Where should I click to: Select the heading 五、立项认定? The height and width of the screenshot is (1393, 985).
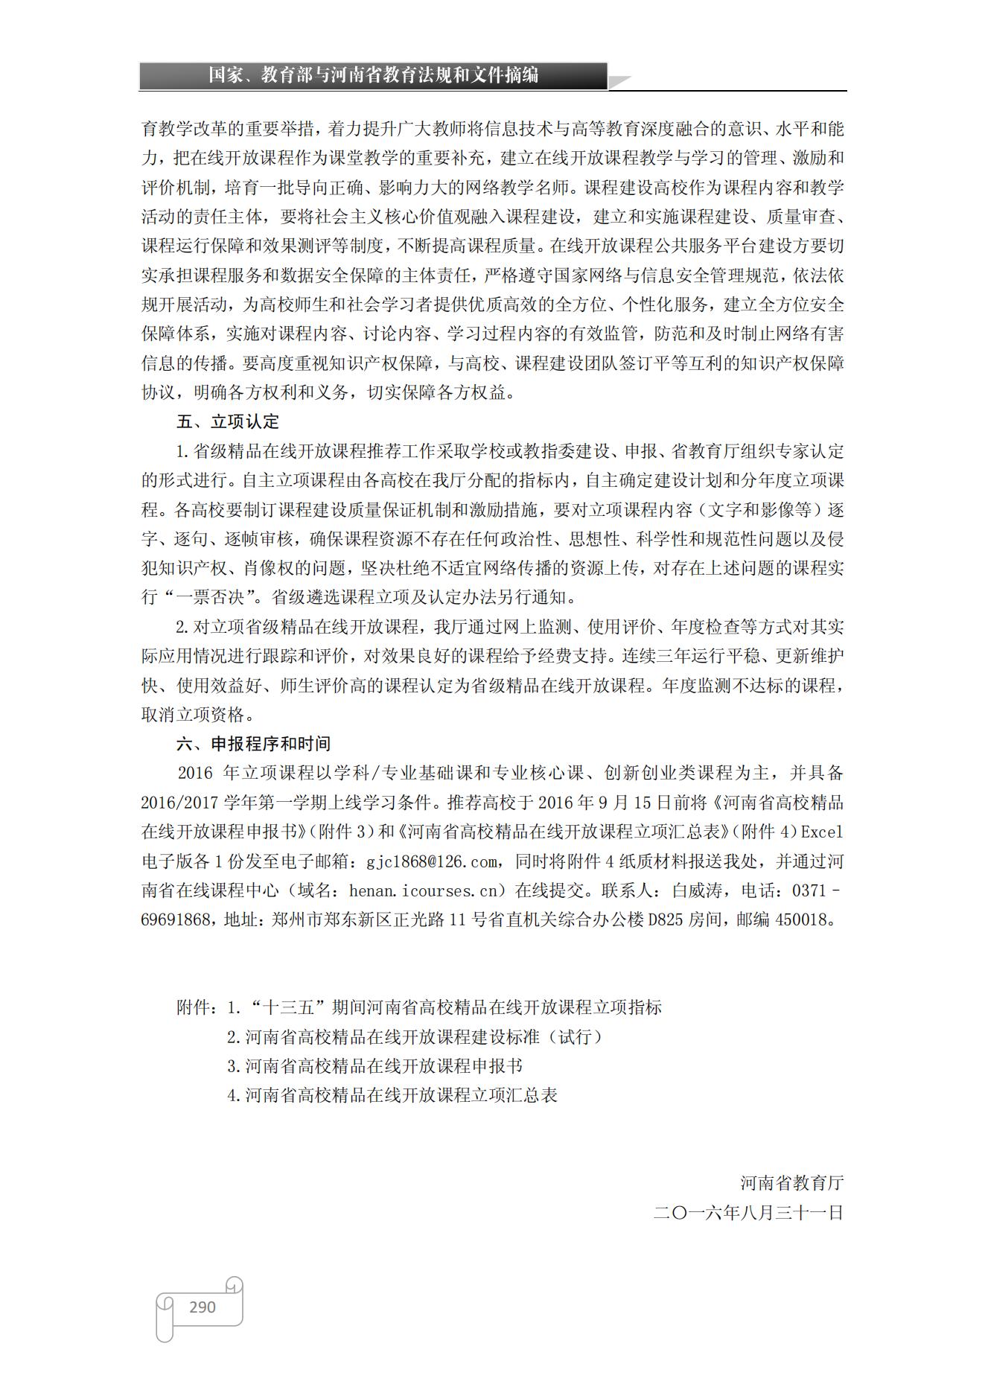point(227,421)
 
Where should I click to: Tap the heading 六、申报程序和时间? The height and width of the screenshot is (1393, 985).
point(253,744)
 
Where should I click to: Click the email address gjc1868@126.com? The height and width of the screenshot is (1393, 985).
point(432,861)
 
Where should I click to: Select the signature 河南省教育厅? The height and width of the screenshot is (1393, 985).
point(791,1183)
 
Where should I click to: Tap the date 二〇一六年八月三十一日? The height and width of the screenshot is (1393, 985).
point(748,1212)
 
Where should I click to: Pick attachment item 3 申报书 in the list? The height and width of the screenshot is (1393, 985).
point(374,1066)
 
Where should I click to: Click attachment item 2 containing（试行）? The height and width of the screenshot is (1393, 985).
point(415,1037)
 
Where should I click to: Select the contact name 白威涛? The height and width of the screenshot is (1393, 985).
point(698,890)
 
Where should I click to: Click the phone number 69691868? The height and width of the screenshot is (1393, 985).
point(176,919)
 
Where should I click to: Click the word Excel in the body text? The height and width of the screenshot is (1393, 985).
point(821,832)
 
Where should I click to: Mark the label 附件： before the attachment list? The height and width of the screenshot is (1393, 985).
point(197,1008)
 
